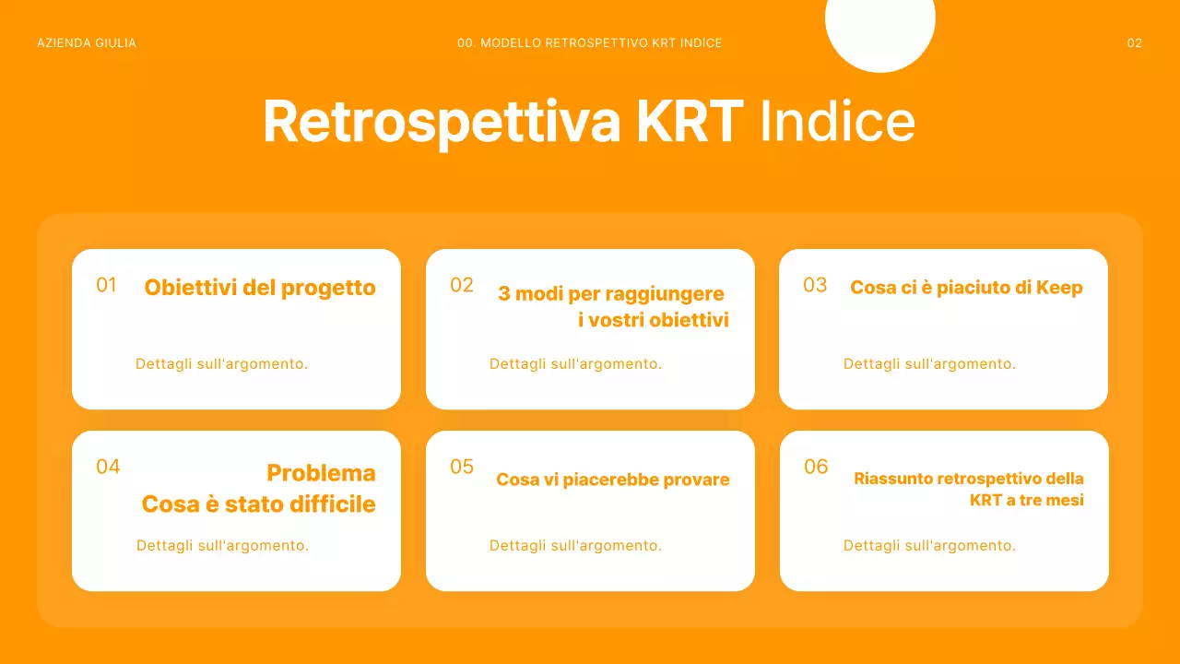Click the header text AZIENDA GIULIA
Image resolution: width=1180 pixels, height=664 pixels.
[87, 43]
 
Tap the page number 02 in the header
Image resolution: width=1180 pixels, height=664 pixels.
[1134, 43]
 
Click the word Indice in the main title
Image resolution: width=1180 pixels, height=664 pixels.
[837, 121]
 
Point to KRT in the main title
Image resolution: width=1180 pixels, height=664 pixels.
[690, 121]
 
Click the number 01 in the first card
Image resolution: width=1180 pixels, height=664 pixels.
[107, 285]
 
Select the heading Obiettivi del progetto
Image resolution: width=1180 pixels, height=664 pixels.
[260, 288]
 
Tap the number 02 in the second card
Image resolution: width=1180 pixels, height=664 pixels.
[462, 285]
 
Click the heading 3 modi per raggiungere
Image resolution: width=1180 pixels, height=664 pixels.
[611, 294]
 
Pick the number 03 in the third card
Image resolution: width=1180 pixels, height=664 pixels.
[815, 285]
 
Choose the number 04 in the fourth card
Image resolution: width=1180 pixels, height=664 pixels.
[108, 467]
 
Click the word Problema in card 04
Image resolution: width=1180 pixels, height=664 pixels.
[321, 473]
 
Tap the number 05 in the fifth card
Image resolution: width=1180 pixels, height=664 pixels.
[462, 467]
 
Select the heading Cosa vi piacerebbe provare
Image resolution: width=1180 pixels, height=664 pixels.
[613, 480]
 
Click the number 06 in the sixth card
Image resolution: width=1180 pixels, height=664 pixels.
[816, 467]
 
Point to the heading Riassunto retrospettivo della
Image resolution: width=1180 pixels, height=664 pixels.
[969, 479]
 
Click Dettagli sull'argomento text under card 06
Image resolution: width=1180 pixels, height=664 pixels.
[929, 546]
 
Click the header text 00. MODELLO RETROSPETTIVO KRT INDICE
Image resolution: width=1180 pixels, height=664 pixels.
[589, 43]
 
